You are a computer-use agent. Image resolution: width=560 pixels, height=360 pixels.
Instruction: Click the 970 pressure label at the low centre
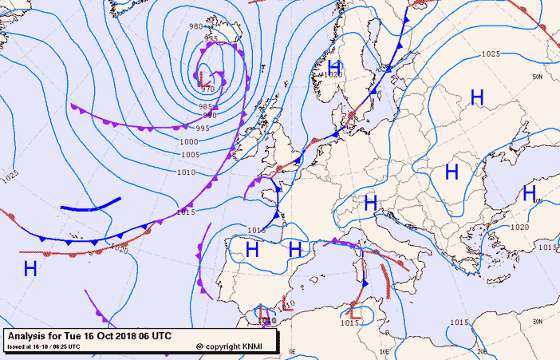(207, 88)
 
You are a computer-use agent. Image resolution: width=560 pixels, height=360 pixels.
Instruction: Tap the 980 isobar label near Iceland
(195, 26)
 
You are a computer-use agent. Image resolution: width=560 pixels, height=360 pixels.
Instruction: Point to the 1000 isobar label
(188, 141)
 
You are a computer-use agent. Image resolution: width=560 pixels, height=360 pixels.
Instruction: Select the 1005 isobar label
(189, 154)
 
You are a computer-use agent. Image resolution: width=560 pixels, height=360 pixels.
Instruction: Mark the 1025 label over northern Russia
(490, 53)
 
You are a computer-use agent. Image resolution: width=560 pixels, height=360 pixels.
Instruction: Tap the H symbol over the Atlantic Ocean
(30, 268)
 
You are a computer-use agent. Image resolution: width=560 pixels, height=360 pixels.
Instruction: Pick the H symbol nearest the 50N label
(477, 97)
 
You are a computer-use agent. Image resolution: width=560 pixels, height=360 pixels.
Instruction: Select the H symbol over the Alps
(370, 203)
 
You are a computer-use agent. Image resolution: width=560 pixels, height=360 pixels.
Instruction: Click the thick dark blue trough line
(91, 205)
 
